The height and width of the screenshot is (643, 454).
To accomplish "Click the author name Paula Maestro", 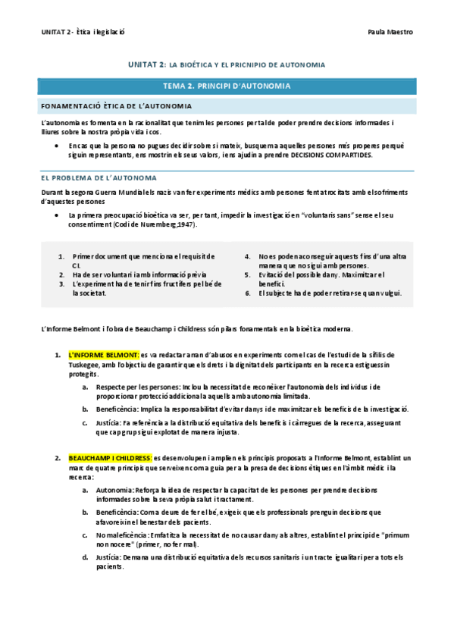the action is (390, 33).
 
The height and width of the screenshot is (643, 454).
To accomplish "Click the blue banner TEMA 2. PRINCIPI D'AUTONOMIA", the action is (227, 86).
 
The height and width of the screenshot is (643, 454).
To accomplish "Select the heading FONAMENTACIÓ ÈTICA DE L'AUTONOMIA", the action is (116, 106).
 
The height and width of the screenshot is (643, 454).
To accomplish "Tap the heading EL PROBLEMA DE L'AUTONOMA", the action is (99, 177).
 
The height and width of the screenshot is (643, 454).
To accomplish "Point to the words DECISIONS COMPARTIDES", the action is (335, 155).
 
